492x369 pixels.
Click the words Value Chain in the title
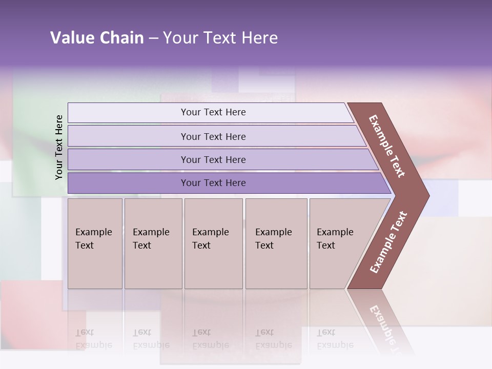coord(97,38)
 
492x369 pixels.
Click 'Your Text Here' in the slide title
coord(220,38)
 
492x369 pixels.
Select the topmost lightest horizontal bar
coord(213,112)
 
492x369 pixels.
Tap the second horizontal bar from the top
coord(213,136)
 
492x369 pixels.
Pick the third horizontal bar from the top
coord(213,159)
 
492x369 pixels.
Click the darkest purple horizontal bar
coord(213,183)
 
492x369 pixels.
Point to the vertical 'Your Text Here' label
coord(59,147)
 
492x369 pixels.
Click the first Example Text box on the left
coord(95,243)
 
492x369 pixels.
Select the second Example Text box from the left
coord(153,243)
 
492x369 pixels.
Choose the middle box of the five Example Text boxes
coord(213,243)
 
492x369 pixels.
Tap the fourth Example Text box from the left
coord(276,243)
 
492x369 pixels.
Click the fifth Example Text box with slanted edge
coord(338,243)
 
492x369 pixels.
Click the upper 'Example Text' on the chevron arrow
coord(387,146)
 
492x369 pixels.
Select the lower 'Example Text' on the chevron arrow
coord(388,242)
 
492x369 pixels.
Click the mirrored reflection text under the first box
coord(94,339)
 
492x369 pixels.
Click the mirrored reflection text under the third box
coord(211,339)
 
